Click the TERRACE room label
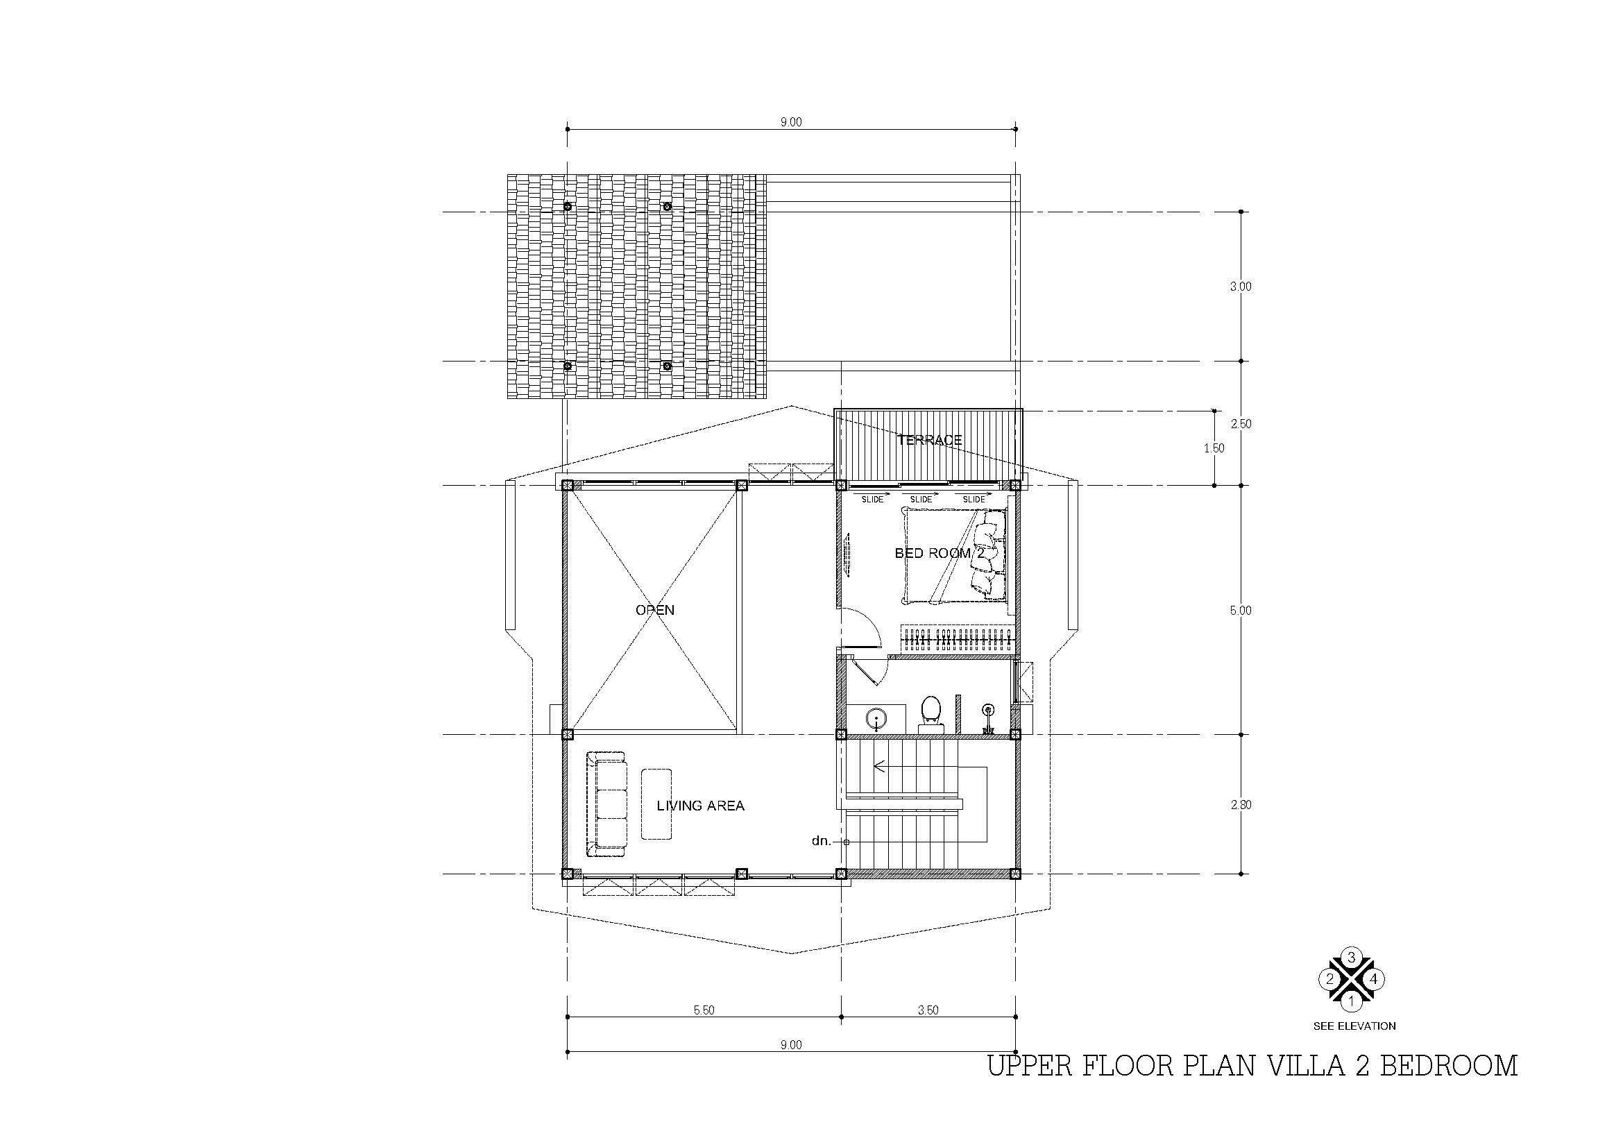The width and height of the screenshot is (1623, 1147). (929, 439)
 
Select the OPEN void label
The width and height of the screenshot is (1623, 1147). (654, 610)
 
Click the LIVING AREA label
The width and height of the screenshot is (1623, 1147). (701, 806)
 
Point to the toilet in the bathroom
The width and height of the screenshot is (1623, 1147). (931, 714)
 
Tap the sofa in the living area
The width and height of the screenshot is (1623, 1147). (606, 804)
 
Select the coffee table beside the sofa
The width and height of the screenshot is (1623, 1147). (656, 804)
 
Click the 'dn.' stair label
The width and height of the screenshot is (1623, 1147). (821, 842)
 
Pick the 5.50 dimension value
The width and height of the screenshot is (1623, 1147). (704, 1010)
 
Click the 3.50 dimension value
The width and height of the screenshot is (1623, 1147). (928, 1010)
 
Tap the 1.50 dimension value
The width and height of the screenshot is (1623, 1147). (1214, 448)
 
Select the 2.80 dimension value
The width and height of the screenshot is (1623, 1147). (1241, 804)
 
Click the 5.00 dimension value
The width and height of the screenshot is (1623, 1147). (1241, 611)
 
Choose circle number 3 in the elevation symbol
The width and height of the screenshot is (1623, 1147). (1352, 958)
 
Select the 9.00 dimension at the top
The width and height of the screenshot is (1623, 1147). (791, 122)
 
